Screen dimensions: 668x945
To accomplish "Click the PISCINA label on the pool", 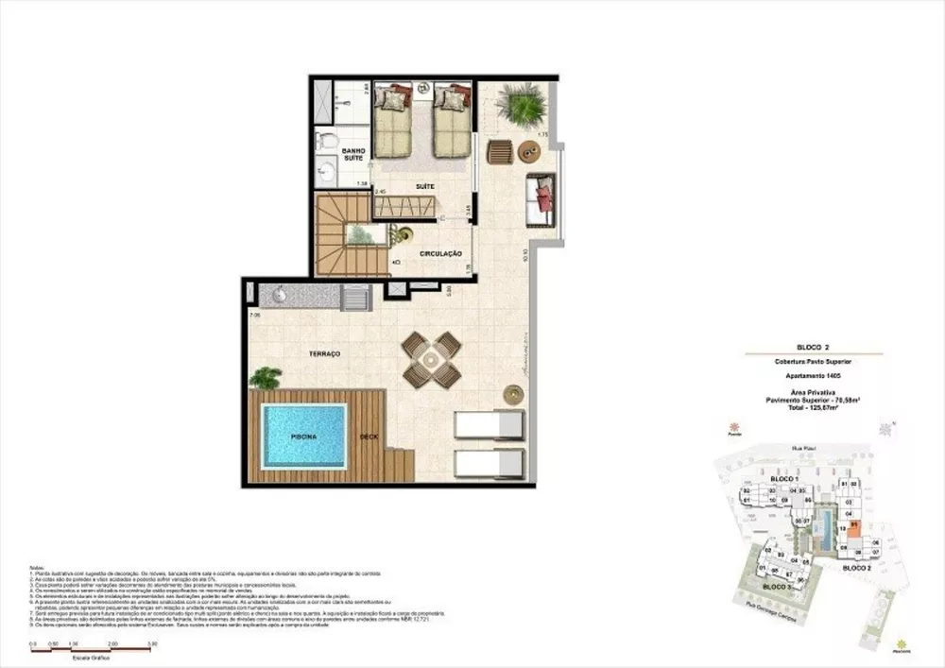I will point(302,437).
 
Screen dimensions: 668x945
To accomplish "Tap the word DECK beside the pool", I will point(369,437).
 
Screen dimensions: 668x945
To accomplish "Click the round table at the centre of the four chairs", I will point(432,360).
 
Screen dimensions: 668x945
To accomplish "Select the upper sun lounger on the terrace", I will point(489,424).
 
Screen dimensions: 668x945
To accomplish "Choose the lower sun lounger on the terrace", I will point(489,464).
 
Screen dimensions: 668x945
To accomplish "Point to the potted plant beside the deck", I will point(265,378).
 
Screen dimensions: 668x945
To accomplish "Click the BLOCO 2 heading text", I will point(813,348).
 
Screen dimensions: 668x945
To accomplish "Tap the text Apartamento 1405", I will point(813,375).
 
